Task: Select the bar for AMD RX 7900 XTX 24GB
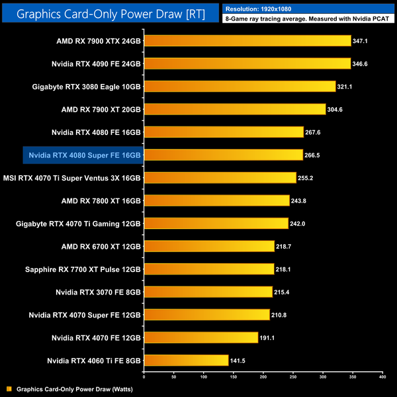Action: coord(247,41)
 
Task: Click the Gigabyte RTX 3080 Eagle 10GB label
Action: coord(87,86)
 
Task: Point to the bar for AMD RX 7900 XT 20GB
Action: coord(234,109)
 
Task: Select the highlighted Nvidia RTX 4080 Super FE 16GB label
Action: coord(83,155)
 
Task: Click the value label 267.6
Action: coord(315,132)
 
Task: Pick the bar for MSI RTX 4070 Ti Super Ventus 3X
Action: coord(220,177)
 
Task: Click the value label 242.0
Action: coord(300,223)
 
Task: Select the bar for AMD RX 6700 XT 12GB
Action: coord(208,245)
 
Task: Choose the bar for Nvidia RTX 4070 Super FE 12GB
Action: coord(206,314)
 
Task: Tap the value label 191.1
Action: coord(269,337)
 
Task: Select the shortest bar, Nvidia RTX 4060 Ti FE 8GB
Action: coord(186,359)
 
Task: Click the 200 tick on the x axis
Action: coord(263,376)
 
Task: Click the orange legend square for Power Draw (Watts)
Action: coord(9,389)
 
